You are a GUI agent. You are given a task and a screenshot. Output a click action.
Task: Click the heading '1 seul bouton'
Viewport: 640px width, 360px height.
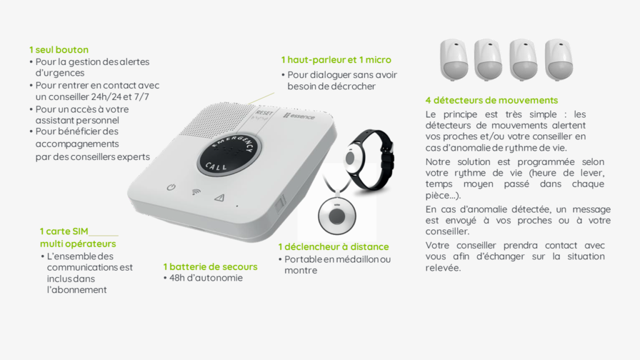click(x=59, y=50)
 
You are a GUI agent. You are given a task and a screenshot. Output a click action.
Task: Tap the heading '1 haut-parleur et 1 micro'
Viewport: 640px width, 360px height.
click(x=336, y=60)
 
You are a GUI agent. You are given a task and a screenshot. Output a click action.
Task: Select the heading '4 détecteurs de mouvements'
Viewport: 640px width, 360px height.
click(x=491, y=101)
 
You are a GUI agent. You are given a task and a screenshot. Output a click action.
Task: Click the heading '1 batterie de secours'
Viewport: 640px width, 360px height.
click(x=210, y=267)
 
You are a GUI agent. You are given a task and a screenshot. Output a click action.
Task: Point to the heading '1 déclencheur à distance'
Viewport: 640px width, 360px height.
click(x=334, y=247)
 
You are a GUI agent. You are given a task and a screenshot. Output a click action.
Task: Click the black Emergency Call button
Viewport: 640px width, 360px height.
click(x=230, y=154)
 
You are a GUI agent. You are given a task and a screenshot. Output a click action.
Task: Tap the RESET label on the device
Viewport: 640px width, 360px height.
click(x=264, y=113)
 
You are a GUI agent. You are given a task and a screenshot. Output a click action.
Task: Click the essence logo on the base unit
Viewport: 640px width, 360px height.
click(x=299, y=116)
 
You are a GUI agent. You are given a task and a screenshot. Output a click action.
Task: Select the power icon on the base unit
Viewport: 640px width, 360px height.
click(x=171, y=187)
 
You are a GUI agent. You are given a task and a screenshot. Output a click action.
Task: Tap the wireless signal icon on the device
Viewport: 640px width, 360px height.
click(x=196, y=192)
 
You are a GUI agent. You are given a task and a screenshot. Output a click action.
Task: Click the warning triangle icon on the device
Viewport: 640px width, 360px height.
click(x=219, y=198)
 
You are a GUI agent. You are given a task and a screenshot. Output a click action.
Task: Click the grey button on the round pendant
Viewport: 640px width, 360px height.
click(x=337, y=216)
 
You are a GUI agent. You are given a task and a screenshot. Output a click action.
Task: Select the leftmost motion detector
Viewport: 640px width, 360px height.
click(x=454, y=59)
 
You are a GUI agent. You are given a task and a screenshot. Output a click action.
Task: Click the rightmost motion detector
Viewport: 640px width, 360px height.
click(x=559, y=59)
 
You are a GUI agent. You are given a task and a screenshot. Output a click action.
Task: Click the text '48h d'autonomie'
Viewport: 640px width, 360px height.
click(x=206, y=278)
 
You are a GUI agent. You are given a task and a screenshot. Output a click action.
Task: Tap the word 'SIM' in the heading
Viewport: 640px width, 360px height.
click(x=79, y=231)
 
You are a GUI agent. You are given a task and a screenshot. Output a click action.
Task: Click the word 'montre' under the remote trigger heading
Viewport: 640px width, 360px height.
click(x=301, y=271)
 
